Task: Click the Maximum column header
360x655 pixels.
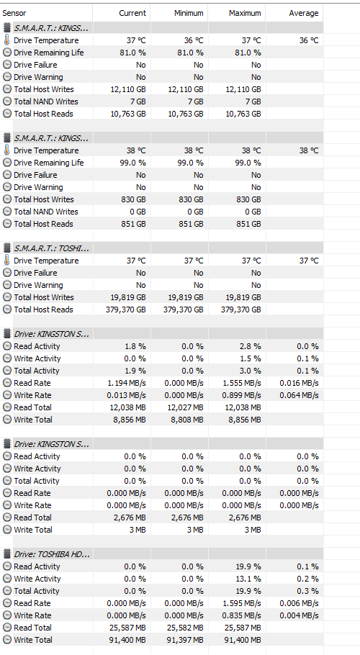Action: (245, 14)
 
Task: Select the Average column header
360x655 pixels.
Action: (304, 14)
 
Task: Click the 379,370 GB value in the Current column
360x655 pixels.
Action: (126, 310)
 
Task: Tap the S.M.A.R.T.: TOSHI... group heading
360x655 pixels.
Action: (51, 248)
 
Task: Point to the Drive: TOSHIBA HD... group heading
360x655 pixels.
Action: (52, 554)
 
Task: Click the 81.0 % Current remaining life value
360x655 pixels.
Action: (132, 53)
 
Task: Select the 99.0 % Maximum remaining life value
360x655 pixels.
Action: (248, 163)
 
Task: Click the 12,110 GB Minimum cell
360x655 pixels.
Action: (186, 89)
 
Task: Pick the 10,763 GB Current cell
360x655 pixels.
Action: (128, 114)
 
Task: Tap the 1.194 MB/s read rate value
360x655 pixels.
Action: (126, 383)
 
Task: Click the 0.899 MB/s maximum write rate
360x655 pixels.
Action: (241, 395)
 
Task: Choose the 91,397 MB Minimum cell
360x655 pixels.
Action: (186, 640)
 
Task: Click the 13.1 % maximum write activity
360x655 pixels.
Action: (248, 579)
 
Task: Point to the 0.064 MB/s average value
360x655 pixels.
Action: (299, 395)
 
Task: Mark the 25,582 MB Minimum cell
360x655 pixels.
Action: (186, 628)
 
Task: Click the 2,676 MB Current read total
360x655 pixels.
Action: (130, 518)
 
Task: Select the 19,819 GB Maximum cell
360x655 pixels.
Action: (243, 297)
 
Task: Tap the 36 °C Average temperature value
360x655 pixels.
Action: (309, 40)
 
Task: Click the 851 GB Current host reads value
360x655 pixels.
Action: (134, 224)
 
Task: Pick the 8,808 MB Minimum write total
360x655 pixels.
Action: (187, 420)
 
